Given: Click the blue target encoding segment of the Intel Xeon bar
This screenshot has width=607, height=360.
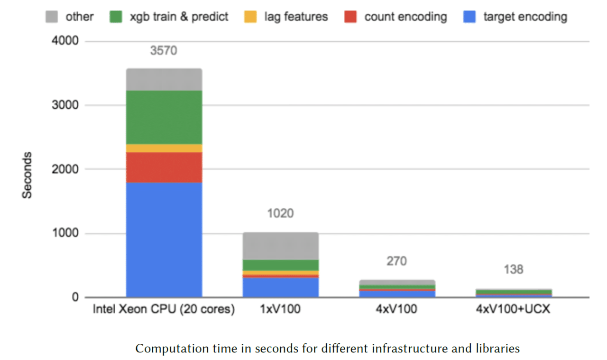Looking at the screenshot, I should (x=164, y=240).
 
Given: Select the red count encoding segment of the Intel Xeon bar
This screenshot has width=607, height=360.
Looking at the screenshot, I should (x=164, y=167).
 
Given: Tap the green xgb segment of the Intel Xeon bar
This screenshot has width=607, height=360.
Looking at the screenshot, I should (x=164, y=117).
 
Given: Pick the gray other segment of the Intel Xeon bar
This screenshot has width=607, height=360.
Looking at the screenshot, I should (x=164, y=80).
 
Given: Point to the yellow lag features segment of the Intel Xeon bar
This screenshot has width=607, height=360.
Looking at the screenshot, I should (x=164, y=148).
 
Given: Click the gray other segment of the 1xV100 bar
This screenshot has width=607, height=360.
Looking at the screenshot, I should (x=280, y=246).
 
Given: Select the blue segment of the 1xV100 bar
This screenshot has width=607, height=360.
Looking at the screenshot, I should (x=280, y=287).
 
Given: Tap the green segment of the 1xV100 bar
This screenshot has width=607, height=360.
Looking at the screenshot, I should (x=280, y=265).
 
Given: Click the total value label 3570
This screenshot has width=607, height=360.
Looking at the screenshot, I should (x=164, y=50).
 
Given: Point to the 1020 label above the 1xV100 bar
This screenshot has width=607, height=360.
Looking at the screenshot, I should (x=280, y=213).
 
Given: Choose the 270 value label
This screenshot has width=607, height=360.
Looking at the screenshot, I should (x=396, y=261).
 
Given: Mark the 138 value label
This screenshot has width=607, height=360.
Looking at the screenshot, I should (x=513, y=270).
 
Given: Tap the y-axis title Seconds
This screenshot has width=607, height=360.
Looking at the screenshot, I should (x=27, y=175).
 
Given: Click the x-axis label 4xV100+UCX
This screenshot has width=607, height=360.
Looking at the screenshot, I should (x=513, y=310).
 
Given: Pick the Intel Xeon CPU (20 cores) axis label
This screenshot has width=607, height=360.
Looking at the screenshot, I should (x=164, y=310).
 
